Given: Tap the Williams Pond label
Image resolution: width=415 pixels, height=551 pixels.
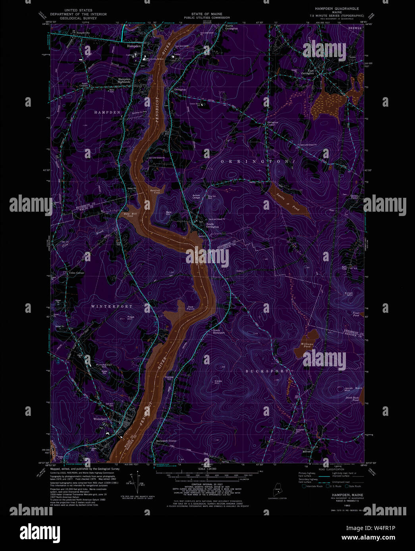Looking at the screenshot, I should pos(307,345).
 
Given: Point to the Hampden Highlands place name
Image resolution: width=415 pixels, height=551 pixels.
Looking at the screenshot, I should pos(124,80).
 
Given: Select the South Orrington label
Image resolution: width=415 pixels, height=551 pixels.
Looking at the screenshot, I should pos(212,225).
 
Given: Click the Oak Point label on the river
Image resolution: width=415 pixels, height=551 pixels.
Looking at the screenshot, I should pos(191,308).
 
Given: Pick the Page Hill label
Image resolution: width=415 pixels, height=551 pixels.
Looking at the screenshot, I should pos(131,318).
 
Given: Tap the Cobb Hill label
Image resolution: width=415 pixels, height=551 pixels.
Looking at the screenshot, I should pos(217,382).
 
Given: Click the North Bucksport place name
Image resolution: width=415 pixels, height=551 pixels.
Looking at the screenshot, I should pos(219,331).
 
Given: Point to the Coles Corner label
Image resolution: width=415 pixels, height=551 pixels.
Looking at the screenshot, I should pos(77,273).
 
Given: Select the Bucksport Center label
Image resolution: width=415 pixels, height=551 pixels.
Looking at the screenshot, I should pos(166,441).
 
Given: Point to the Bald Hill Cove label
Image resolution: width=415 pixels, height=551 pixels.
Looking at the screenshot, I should pos(125,214).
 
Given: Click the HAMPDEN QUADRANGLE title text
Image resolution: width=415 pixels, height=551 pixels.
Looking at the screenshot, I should pos(337,8).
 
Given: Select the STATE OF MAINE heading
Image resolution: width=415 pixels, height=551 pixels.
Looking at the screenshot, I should pos(207,14).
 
